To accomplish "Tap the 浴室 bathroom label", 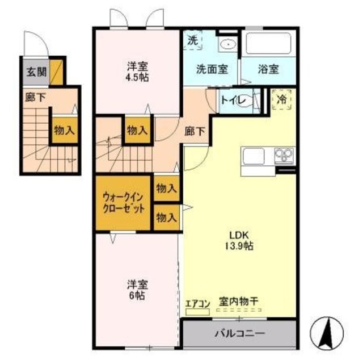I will point(268,69).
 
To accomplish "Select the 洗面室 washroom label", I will point(212,69).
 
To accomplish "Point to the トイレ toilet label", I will point(233,101).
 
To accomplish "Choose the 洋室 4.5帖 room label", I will point(137,72).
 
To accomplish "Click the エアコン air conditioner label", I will point(197,304).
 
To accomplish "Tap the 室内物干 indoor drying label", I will point(238,304).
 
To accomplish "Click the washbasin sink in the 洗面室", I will point(229,43).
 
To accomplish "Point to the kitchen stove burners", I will point(284,153).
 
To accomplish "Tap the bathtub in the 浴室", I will point(268,43).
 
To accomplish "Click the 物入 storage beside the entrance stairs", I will point(64,130).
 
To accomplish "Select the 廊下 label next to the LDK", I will point(196,131).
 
